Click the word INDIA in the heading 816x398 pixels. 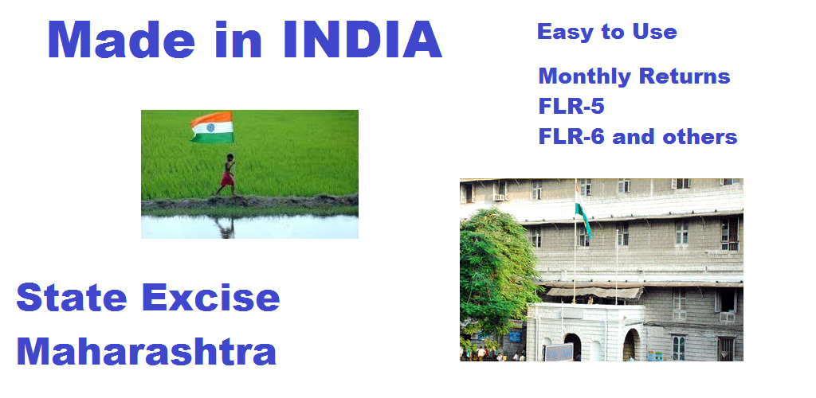[363, 39]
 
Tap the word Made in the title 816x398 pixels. [121, 39]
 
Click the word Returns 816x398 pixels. [685, 76]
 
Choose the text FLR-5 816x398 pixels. [571, 107]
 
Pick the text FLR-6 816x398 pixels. [571, 137]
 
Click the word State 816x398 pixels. [72, 298]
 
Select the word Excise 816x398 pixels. [210, 298]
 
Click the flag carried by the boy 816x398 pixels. [211, 127]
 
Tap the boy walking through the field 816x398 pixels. [227, 174]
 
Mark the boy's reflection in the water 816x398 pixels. [226, 228]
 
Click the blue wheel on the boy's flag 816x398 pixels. [210, 127]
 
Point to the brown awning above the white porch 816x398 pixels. [593, 291]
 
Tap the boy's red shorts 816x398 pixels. [227, 179]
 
